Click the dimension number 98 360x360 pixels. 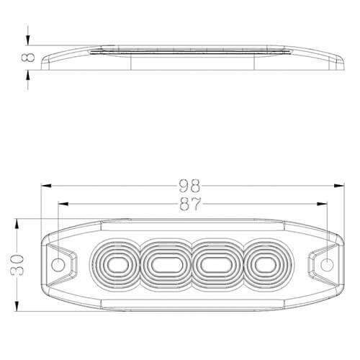point(190,185)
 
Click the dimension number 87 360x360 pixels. point(191,204)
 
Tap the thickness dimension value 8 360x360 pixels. point(30,58)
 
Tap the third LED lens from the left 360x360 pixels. point(213,264)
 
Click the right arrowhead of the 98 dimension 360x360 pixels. point(336,185)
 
